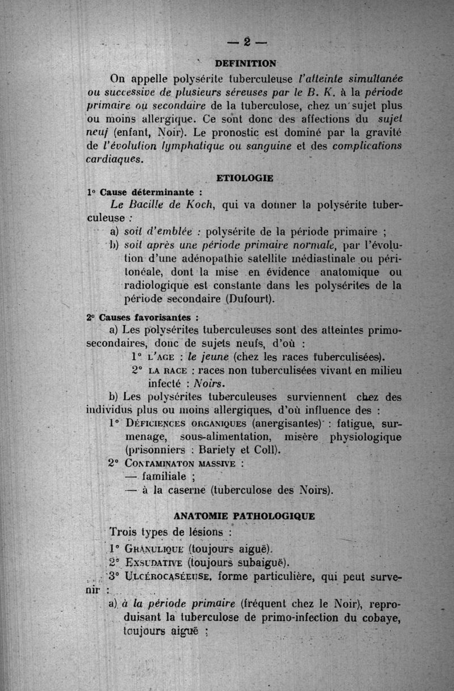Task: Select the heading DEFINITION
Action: click(246, 62)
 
